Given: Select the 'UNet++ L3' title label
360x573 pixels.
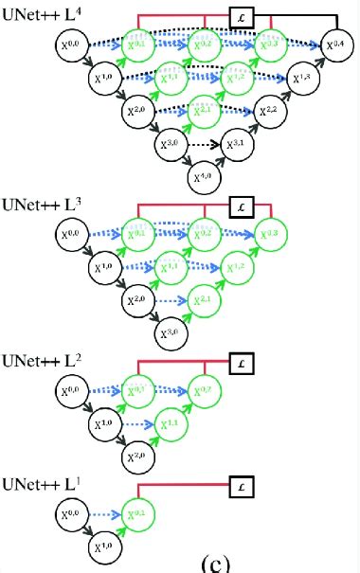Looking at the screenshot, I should pos(40,204).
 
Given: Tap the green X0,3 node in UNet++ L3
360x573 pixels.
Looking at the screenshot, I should pos(269,234).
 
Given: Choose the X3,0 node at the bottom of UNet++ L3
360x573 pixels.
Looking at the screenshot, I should pos(170,333).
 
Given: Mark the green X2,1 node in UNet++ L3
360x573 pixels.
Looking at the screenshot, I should pos(204,300).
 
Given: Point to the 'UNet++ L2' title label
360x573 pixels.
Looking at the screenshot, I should pos(40,361).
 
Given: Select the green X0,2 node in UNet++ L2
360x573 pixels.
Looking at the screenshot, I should pos(204,391).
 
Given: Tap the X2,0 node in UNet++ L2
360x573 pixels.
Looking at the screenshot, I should pos(136,457).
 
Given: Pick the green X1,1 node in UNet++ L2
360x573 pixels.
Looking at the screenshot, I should pos(171,424).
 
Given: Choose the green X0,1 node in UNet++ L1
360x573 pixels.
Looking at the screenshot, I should pos(137,515).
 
